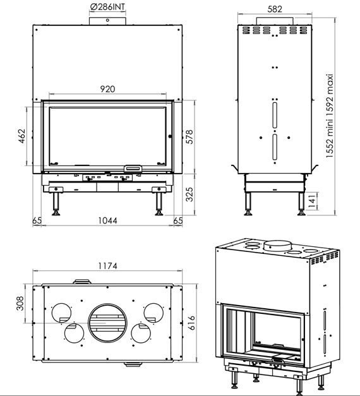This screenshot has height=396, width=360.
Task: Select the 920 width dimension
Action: point(107,89)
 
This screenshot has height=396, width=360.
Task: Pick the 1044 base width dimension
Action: point(107,220)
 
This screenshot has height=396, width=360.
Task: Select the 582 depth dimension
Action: point(274,9)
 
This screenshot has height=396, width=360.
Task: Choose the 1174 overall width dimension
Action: point(107,266)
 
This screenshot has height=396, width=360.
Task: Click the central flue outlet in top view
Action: point(107,323)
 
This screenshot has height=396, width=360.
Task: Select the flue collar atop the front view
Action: point(107,21)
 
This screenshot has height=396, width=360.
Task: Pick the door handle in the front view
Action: point(133,168)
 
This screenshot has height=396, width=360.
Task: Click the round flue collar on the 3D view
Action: point(277,244)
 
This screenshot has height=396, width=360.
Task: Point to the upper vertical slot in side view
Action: point(274,116)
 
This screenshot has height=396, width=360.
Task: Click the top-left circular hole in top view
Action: point(61,311)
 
